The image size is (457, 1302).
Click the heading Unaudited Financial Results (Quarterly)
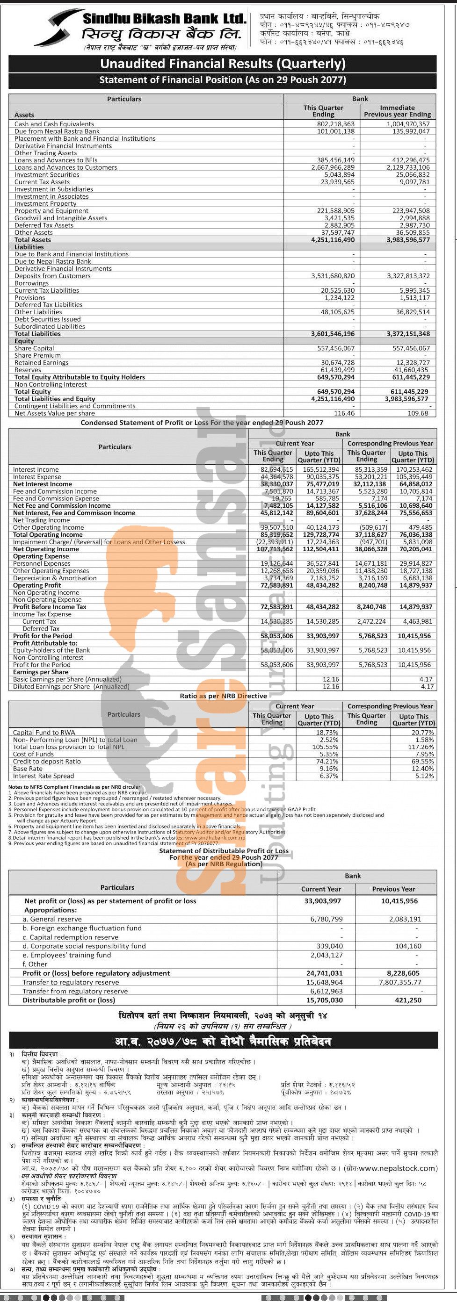point(223,64)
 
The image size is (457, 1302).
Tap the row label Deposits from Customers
point(52,276)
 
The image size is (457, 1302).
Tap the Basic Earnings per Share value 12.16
point(331,679)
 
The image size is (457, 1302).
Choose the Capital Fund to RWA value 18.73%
point(327,733)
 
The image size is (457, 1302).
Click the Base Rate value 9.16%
point(328,769)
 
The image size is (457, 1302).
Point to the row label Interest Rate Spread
point(44,776)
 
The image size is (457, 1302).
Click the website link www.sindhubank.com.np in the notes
point(215,837)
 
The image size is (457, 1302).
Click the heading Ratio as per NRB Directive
point(223,696)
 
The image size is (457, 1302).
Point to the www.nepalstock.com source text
point(396,1168)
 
